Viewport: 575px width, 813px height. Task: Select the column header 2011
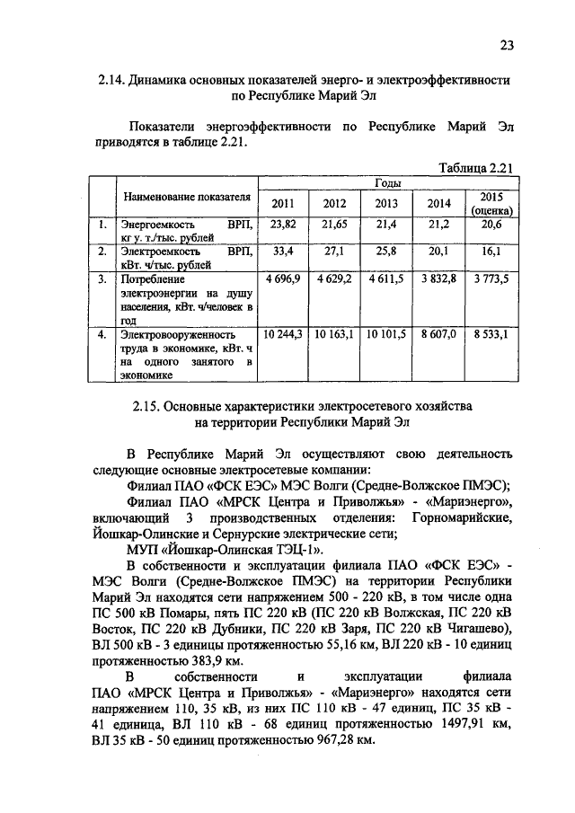tap(282, 203)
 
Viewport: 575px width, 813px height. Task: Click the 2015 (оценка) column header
tap(491, 203)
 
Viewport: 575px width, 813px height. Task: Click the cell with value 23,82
tap(282, 223)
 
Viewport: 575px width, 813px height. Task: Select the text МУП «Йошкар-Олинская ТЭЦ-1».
tap(227, 549)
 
